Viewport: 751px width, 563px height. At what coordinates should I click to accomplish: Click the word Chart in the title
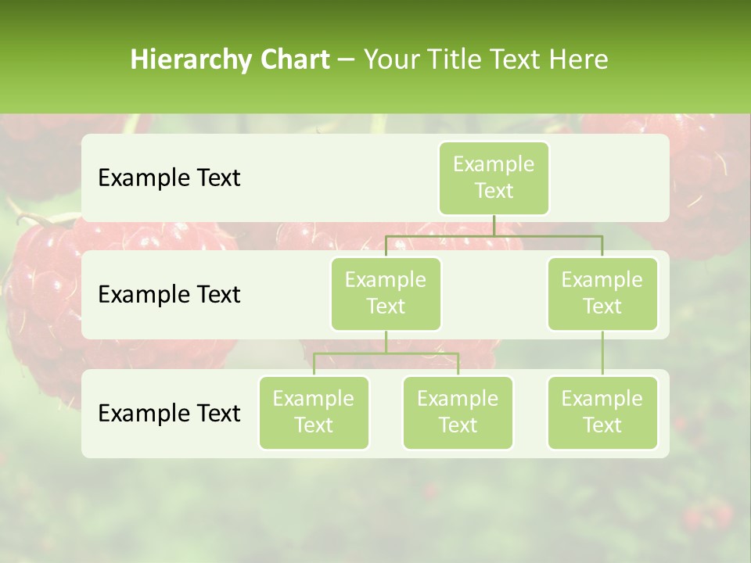[x=293, y=59]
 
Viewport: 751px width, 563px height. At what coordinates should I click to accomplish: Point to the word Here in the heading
[x=579, y=59]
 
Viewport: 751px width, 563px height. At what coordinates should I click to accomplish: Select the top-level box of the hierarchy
[x=494, y=178]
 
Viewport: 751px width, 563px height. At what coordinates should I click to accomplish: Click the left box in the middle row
[x=386, y=293]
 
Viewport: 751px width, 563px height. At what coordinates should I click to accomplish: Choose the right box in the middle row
[x=602, y=293]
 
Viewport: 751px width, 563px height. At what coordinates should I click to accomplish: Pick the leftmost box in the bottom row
[x=314, y=412]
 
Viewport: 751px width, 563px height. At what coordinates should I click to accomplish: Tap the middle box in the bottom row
[x=458, y=412]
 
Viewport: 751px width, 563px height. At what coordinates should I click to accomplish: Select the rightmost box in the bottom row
[x=602, y=412]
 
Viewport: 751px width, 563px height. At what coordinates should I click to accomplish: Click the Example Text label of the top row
[x=169, y=178]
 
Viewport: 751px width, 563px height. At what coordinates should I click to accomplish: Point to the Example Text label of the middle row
[x=169, y=295]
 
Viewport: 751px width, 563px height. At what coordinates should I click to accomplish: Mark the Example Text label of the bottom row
[x=169, y=413]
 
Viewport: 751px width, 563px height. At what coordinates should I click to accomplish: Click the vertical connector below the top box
[x=494, y=225]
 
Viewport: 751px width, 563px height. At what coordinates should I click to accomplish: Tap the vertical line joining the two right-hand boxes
[x=602, y=353]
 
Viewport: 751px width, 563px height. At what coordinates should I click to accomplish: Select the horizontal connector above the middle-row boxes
[x=494, y=235]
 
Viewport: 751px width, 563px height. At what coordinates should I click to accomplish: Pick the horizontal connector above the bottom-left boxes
[x=386, y=353]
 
